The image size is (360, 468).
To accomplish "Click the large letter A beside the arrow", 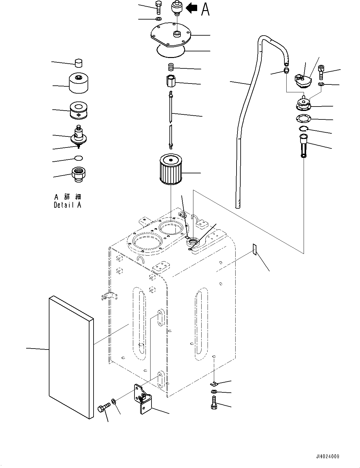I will pos(205,9).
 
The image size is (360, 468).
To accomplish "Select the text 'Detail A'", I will pos(67,205).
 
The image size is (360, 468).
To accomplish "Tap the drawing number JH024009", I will pos(326,456).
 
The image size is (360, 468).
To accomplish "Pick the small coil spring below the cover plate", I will pos(170,67).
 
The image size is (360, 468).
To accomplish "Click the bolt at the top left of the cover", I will pos(158,7).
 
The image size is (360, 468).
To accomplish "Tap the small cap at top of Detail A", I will pos(79,63).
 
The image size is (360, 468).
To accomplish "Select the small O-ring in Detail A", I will pos(79,158).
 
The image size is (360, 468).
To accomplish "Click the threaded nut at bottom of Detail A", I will pos(79,174).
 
